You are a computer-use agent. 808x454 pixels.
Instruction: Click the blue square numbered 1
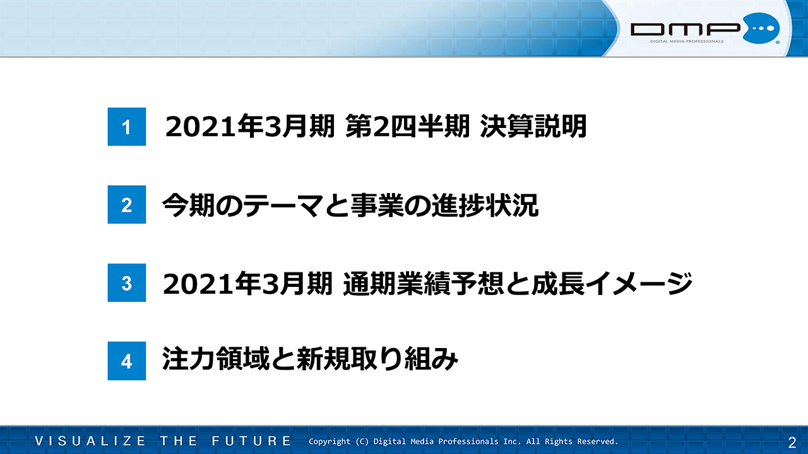coord(127,127)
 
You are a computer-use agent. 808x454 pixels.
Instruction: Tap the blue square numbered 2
coord(127,204)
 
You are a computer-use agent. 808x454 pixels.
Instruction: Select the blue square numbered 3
coord(127,282)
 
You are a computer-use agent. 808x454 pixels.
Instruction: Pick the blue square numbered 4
coord(127,361)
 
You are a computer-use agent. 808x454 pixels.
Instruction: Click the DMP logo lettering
coord(686,29)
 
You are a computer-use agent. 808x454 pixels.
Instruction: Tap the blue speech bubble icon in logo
coord(761,28)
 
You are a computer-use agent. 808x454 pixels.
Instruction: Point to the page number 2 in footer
coord(792,442)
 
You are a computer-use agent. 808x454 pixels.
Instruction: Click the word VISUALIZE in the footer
coord(90,441)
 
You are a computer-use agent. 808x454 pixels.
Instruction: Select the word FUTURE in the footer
coord(251,441)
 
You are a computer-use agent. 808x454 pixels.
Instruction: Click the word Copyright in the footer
coord(330,442)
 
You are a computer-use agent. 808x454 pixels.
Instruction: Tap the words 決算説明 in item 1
coord(533,126)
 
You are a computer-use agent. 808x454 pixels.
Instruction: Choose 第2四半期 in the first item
coord(408,126)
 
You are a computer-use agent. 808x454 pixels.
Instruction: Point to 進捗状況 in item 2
coord(485,205)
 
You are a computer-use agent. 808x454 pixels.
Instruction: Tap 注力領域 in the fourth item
coord(216,359)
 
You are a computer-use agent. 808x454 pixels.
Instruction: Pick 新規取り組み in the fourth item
coord(377,359)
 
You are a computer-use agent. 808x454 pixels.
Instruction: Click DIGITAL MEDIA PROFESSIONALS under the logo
coord(687,42)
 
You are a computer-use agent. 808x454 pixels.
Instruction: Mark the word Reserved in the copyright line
coord(597,441)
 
